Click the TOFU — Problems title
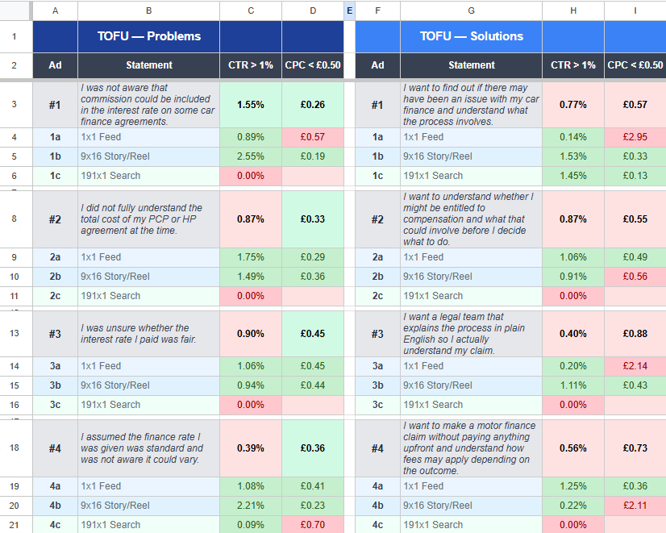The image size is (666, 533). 149,36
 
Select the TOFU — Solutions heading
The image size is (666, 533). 472,36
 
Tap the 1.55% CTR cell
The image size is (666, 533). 251,105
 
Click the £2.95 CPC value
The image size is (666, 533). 635,137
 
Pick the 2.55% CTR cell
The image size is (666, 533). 251,156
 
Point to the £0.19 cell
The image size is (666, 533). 312,156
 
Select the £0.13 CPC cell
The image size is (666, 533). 635,176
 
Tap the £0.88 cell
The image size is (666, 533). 635,334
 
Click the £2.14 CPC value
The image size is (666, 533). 635,366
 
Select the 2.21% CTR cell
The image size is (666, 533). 251,506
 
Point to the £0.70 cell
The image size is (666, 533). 312,525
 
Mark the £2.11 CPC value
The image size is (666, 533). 635,506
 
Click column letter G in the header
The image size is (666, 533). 471,10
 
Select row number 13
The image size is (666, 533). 15,334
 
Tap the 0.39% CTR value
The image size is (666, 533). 251,448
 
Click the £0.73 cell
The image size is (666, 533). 635,448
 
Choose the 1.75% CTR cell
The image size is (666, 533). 251,257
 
